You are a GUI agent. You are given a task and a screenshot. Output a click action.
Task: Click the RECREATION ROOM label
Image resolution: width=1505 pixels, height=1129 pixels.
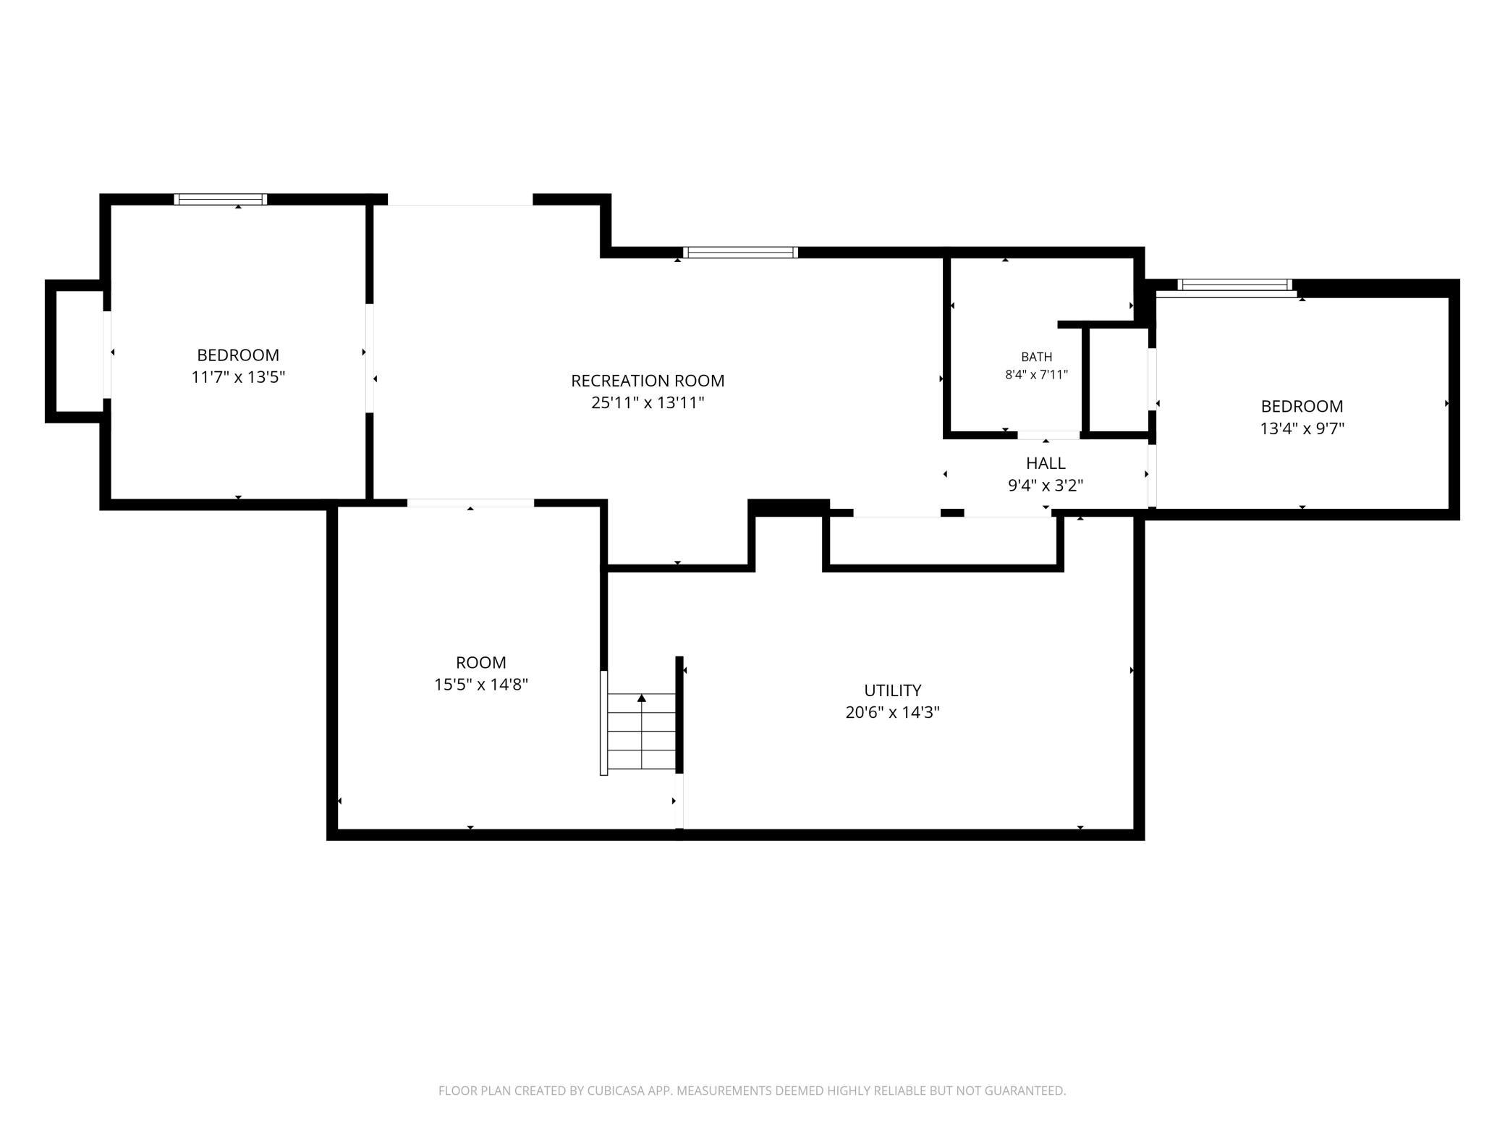[648, 381]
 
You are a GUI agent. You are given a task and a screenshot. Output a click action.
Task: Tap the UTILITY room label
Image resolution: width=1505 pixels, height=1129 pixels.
[892, 690]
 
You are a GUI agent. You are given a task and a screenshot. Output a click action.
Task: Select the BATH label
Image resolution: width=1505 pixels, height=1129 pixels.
[1036, 357]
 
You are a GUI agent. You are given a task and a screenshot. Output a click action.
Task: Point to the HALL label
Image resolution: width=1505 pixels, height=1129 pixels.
[1046, 463]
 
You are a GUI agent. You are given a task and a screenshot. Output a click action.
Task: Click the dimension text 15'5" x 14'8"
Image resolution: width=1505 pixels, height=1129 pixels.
[481, 685]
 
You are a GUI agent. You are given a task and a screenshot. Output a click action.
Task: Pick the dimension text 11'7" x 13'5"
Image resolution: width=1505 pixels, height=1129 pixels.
[238, 377]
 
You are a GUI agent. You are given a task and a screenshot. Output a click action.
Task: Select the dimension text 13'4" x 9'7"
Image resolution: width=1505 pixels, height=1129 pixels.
[1302, 428]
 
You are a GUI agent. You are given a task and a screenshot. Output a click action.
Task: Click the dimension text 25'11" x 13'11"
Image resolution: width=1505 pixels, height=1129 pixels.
[648, 403]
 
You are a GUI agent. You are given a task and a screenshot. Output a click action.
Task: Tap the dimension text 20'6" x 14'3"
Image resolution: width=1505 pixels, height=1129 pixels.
[892, 713]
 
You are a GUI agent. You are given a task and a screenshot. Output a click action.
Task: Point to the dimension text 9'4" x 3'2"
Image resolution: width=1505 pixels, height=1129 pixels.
[1046, 486]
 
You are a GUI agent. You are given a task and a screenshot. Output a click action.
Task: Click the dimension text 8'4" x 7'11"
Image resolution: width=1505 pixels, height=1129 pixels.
[1036, 375]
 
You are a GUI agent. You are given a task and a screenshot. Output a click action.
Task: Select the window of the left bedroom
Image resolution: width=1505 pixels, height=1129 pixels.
[221, 200]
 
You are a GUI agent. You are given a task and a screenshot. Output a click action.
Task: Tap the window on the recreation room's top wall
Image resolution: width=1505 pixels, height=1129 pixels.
[740, 253]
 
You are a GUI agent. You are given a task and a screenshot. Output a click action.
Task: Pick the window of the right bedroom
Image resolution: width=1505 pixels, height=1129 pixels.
[1234, 285]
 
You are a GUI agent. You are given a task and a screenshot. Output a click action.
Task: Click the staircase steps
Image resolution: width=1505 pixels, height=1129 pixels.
[641, 732]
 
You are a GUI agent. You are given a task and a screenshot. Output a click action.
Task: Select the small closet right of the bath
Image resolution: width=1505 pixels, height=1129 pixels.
[1119, 380]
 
